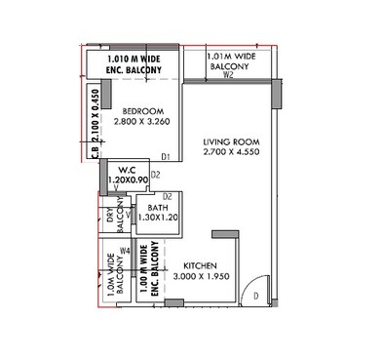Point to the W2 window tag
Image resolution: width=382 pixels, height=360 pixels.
[x=228, y=74]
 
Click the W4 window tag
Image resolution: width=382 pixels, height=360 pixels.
[x=125, y=251]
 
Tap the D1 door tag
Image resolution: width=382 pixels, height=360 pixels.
[x=166, y=156]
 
